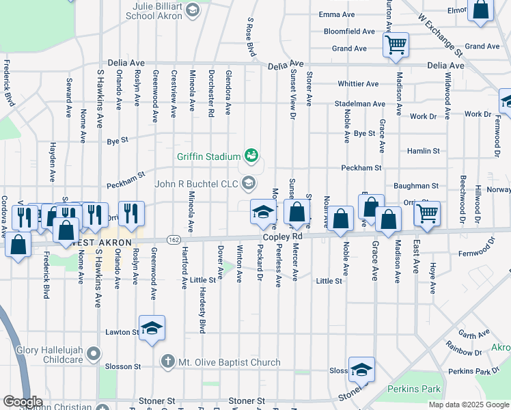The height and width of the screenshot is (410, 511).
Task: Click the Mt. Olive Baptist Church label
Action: tap(229, 362)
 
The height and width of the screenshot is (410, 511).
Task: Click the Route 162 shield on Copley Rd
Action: tap(173, 239)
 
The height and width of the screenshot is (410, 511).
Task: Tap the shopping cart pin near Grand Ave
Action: tap(396, 46)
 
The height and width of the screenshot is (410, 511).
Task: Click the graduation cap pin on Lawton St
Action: tap(152, 327)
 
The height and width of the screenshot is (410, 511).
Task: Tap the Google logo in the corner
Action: tap(23, 402)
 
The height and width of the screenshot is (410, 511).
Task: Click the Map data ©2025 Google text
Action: tap(468, 405)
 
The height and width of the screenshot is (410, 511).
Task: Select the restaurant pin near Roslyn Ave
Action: tap(131, 213)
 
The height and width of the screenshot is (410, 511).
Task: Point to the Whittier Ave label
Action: tap(357, 84)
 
